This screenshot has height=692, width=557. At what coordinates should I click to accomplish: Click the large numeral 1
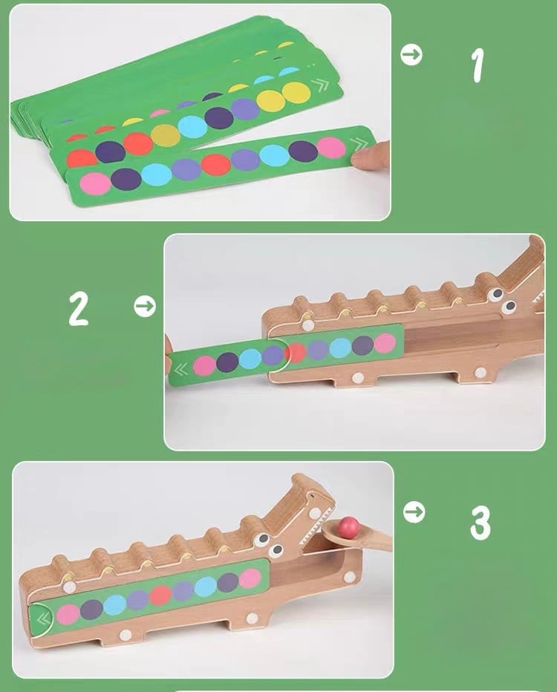pos(477,65)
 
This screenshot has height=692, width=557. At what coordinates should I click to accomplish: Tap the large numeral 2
pos(79,309)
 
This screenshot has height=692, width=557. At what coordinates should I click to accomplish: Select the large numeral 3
pos(481,523)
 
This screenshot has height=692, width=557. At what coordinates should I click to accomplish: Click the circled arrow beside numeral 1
pos(411,55)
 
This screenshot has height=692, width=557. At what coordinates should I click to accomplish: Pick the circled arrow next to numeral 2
pos(145,307)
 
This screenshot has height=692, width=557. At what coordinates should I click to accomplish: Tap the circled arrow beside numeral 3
pos(414,512)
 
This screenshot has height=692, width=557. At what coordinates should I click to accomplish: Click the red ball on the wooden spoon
pos(348,526)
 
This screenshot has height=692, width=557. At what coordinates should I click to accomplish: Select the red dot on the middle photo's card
pos(296,352)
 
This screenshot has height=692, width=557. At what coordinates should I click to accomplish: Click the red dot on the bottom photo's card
pos(160,595)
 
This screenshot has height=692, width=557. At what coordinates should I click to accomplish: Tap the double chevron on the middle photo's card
pos(180,370)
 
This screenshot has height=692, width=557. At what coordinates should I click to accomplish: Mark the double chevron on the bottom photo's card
pos(43,619)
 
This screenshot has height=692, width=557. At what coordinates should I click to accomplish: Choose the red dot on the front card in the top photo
pos(216,165)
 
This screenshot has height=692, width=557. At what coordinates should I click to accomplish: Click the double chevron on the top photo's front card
pos(359,144)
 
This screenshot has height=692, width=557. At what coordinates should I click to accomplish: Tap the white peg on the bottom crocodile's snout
pos(315,513)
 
